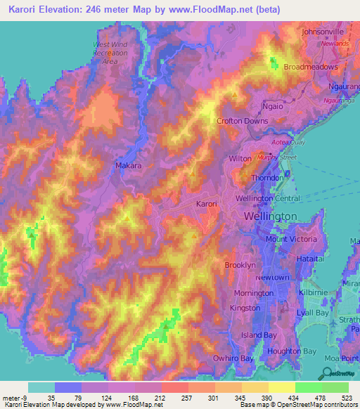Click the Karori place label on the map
point(206,204)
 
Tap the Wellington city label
point(271,216)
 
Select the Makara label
point(129,166)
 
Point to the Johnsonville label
point(322,32)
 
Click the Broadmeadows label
point(311,67)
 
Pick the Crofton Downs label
point(243,121)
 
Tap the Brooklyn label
point(239,265)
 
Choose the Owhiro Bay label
point(233,358)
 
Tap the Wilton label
point(240,160)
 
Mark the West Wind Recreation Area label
point(110,53)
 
